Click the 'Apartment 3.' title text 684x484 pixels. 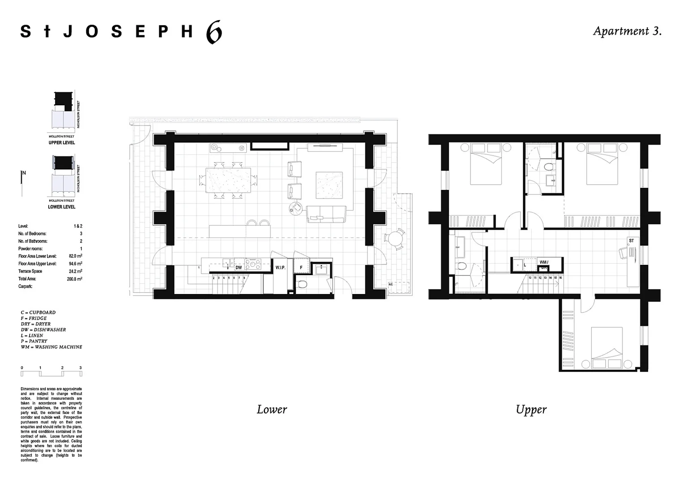627,31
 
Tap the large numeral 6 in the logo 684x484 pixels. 214,33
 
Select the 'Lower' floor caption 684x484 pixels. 272,409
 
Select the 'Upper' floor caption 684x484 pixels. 531,409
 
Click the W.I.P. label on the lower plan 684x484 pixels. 280,268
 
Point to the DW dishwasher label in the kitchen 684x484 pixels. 239,268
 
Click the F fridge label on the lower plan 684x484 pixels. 301,268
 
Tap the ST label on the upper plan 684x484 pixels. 631,241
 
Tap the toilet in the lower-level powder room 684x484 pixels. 303,284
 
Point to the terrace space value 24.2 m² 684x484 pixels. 75,271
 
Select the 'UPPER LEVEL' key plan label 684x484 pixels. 62,143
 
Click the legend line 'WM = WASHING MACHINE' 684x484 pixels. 51,347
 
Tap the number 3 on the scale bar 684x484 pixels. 81,368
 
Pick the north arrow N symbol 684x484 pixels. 24,173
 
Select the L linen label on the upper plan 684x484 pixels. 525,265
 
